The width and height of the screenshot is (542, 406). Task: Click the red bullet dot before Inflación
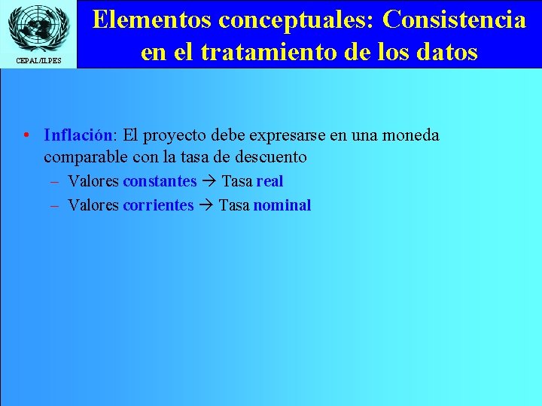tap(26, 136)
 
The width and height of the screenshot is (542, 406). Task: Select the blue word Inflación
tap(78, 135)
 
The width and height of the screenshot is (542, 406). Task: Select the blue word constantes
tap(160, 181)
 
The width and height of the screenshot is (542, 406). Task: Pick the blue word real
tap(269, 181)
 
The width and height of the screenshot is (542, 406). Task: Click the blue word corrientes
tap(158, 205)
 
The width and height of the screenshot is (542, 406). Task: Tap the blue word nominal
tap(282, 205)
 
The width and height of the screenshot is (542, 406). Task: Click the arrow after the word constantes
tap(209, 182)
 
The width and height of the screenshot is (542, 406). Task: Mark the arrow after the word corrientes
tap(206, 206)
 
